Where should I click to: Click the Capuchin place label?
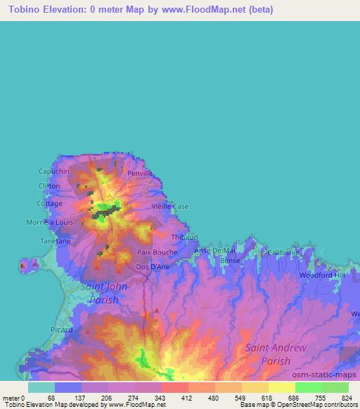pyautogui.click(x=54, y=171)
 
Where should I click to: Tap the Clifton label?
pyautogui.click(x=49, y=186)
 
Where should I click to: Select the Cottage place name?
pyautogui.click(x=49, y=204)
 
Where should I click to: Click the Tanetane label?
pyautogui.click(x=55, y=241)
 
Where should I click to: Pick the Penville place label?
pyautogui.click(x=140, y=172)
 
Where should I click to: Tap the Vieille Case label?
pyautogui.click(x=171, y=207)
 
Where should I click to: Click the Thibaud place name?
pyautogui.click(x=184, y=238)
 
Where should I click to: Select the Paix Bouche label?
pyautogui.click(x=157, y=252)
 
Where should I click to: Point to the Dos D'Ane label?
pyautogui.click(x=152, y=267)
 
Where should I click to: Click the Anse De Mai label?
pyautogui.click(x=214, y=250)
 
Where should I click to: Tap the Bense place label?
pyautogui.click(x=231, y=261)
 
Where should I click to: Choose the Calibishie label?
pyautogui.click(x=283, y=252)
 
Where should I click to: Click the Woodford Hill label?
pyautogui.click(x=322, y=275)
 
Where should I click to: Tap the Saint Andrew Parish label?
pyautogui.click(x=276, y=354)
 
